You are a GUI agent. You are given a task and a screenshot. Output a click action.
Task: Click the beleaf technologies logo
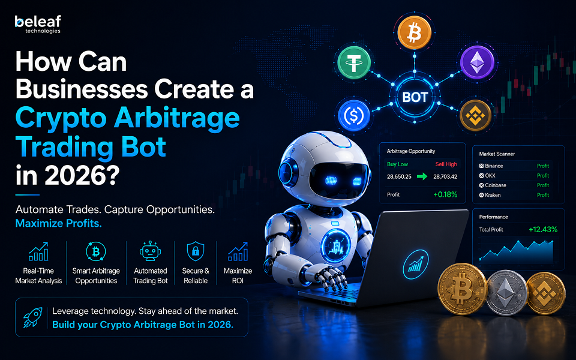[38, 24]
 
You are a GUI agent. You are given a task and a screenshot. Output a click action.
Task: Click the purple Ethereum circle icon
[477, 62]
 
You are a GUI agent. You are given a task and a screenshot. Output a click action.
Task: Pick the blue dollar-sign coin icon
[353, 116]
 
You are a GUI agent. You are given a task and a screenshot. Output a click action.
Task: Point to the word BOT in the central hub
[415, 97]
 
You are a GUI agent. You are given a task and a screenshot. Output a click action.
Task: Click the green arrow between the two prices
[422, 176]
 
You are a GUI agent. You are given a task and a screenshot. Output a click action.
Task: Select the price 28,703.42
[445, 176]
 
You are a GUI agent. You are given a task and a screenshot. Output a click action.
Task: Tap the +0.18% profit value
[445, 194]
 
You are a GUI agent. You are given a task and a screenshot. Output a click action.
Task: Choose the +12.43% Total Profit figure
[543, 230]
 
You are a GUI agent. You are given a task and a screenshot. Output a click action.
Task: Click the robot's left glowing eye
[331, 181]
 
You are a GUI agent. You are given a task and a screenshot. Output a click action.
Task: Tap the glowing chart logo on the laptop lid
[415, 265]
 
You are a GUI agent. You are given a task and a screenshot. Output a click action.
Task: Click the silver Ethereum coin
[507, 293]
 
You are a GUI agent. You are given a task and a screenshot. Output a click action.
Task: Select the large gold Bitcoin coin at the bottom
[462, 289]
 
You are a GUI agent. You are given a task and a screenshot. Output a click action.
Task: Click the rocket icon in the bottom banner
[32, 317]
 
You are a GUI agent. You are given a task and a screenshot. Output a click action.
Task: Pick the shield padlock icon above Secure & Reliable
[196, 251]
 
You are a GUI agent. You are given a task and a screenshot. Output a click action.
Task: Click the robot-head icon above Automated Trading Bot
[150, 251]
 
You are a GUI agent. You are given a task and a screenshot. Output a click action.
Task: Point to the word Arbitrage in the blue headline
[176, 118]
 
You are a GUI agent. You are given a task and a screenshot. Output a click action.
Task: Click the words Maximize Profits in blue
[58, 223]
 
